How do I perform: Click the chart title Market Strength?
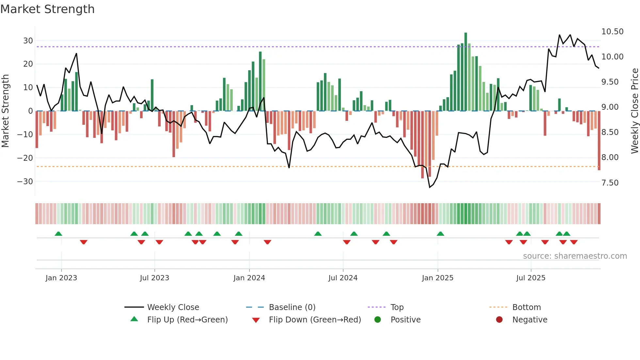click(x=47, y=9)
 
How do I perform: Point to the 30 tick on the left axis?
click(x=28, y=41)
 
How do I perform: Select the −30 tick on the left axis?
click(x=25, y=182)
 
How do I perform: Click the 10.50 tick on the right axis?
click(x=612, y=32)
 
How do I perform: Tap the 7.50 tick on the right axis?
click(x=610, y=183)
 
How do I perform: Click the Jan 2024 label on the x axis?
click(x=249, y=278)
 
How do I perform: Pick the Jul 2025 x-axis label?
click(x=531, y=278)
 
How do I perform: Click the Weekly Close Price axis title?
click(x=634, y=111)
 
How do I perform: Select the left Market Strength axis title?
click(x=5, y=111)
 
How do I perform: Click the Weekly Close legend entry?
click(x=173, y=307)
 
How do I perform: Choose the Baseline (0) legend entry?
click(x=292, y=307)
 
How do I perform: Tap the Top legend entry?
click(x=397, y=307)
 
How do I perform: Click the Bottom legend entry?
click(x=526, y=307)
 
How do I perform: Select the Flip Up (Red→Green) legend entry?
click(x=187, y=320)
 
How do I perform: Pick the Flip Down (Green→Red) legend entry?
click(x=315, y=320)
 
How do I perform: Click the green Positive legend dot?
click(x=378, y=320)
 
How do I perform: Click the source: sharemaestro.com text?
click(x=575, y=256)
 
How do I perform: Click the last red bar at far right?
click(x=599, y=140)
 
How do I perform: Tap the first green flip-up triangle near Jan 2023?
click(x=58, y=234)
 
